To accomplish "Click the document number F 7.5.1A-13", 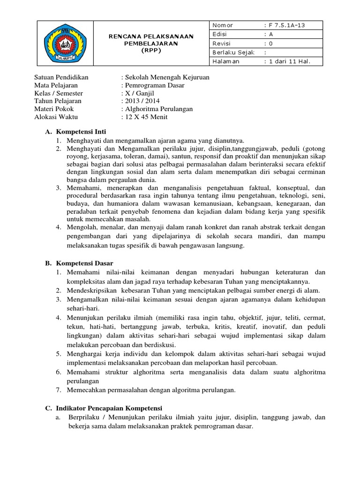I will pyautogui.click(x=287, y=25).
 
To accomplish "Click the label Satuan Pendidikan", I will pyautogui.click(x=61, y=77).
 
